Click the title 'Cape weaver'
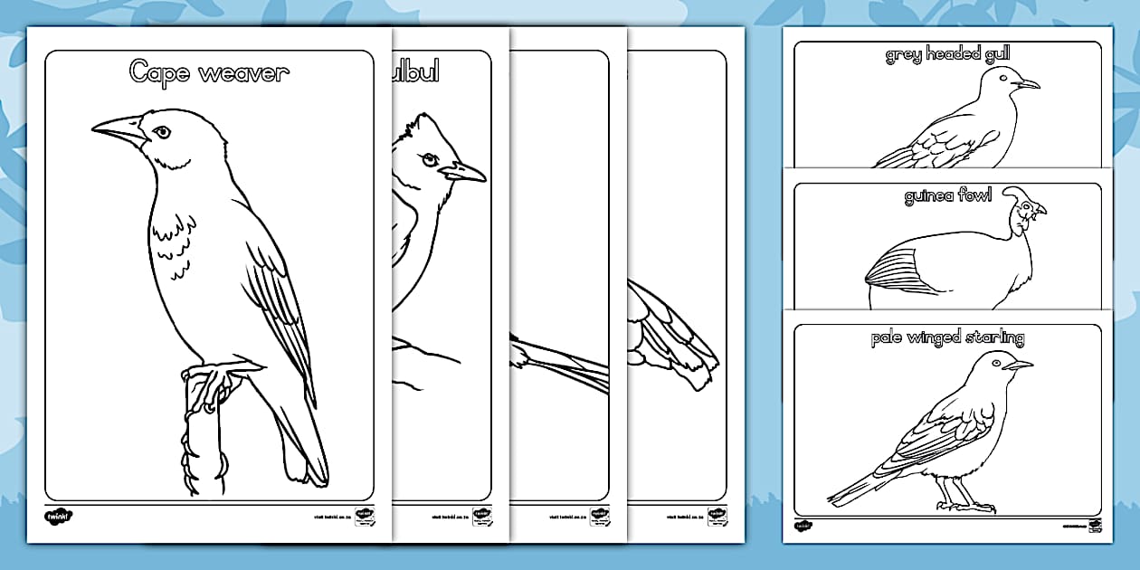[209, 72]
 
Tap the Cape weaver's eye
[162, 132]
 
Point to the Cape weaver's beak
[119, 130]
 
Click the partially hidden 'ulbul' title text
[415, 71]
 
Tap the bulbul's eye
[431, 159]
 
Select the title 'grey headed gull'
[947, 55]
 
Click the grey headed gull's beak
[1027, 85]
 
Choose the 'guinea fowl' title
[947, 196]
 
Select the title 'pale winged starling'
[947, 338]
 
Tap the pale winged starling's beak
[1019, 366]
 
